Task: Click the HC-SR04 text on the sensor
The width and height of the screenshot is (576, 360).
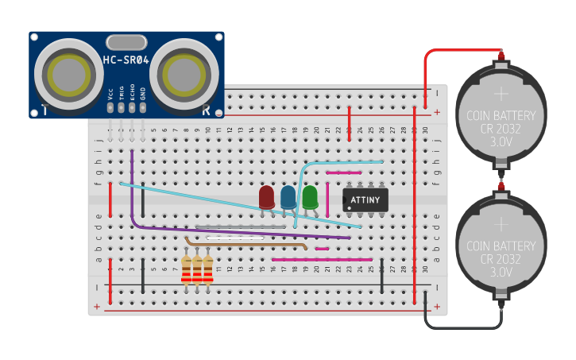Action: point(126,60)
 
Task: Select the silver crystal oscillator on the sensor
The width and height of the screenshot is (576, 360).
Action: point(126,41)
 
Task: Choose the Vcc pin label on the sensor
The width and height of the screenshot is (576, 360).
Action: point(110,93)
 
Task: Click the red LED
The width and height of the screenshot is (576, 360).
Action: point(267,197)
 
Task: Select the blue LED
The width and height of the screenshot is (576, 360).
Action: point(288,197)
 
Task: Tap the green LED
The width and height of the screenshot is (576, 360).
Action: point(310,196)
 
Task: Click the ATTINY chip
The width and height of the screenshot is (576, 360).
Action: point(365,199)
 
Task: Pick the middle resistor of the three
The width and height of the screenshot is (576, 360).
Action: point(197,270)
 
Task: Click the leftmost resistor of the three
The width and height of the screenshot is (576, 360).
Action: point(186,270)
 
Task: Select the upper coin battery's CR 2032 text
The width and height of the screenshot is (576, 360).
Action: point(501,127)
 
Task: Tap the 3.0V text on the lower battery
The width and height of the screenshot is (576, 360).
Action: point(501,272)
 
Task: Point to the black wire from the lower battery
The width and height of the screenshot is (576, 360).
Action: point(461,327)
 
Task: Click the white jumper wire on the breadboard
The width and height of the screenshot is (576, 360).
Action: point(235,237)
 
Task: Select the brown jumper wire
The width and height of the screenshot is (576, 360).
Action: point(246,243)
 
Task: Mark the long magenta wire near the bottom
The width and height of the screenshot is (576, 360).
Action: point(322,259)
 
